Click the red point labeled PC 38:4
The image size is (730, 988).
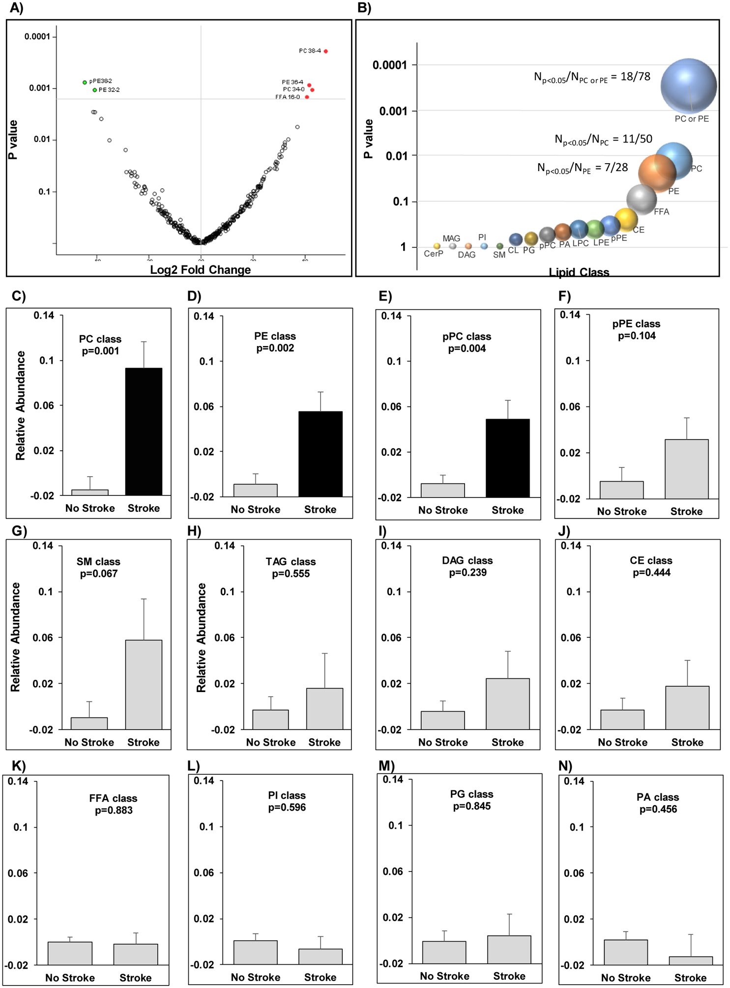[325, 51]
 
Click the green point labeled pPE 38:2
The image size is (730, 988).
[85, 82]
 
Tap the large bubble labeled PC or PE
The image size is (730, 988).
[688, 86]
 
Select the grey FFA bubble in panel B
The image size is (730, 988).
[641, 199]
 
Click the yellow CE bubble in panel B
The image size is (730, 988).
[626, 219]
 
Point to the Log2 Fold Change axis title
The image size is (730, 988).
[200, 269]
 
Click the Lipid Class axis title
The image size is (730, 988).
[579, 272]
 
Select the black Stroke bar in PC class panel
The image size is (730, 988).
[144, 431]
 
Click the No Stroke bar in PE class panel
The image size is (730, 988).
[255, 490]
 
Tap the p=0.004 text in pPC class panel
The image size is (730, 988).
[467, 349]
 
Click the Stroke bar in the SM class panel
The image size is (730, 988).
[144, 684]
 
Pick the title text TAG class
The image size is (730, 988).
[291, 561]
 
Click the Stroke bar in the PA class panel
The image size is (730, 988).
[690, 960]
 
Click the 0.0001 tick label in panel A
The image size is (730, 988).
[37, 36]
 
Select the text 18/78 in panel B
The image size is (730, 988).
[635, 76]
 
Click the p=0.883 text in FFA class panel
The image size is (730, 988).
[114, 810]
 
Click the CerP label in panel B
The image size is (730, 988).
[433, 254]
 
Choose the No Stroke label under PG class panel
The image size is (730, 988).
[444, 976]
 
